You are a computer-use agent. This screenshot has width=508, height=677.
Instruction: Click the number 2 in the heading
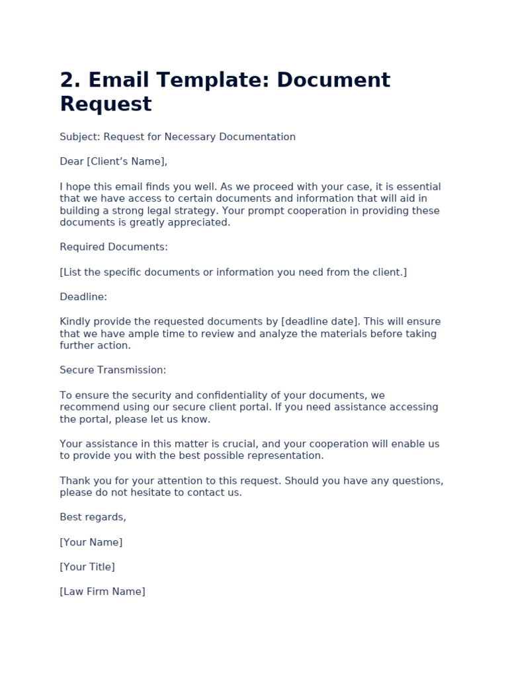coord(68,80)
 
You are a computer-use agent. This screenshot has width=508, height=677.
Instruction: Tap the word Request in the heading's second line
coord(106,104)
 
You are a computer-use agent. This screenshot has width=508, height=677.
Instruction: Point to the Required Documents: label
coord(114,247)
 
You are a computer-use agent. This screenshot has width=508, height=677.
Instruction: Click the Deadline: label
coord(83,297)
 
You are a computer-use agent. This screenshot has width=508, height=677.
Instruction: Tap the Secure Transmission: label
coord(113,370)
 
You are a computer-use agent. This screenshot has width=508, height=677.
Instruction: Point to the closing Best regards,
coord(93,517)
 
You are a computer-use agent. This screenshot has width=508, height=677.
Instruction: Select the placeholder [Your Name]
coord(91,542)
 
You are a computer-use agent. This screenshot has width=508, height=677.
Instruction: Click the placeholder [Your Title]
coord(87,567)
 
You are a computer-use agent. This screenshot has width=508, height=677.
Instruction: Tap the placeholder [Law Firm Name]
coord(103,591)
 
